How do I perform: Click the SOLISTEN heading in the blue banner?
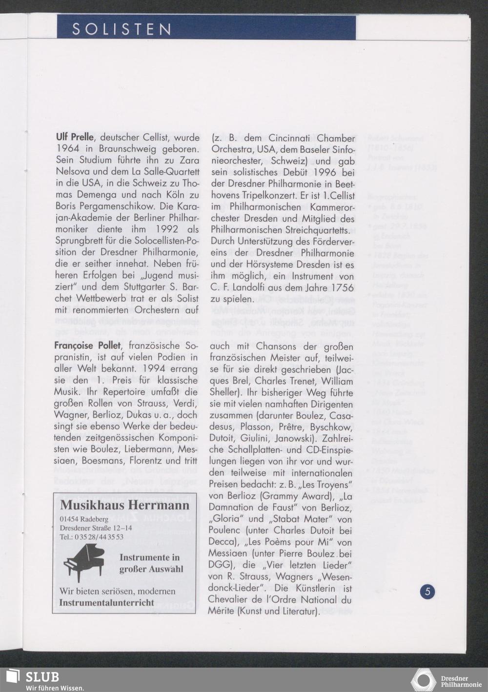click(122, 29)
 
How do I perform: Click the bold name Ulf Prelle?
click(74, 138)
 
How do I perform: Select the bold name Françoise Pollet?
click(87, 346)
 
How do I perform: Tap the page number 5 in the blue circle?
click(427, 592)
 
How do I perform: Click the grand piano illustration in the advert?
click(84, 563)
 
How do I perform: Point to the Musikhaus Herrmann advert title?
click(124, 505)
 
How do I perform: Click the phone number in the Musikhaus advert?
click(91, 537)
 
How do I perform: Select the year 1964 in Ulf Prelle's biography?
click(68, 149)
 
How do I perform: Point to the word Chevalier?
click(230, 600)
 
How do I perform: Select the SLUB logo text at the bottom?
click(42, 677)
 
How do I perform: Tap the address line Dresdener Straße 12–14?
click(96, 528)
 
